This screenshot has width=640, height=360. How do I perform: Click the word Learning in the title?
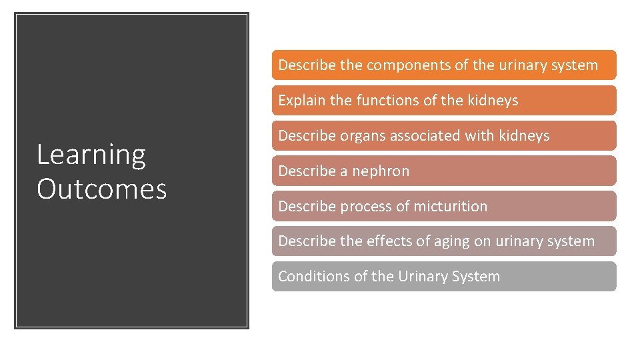point(91,155)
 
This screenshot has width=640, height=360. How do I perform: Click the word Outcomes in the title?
point(101,189)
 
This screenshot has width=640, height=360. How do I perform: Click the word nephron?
point(381,171)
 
